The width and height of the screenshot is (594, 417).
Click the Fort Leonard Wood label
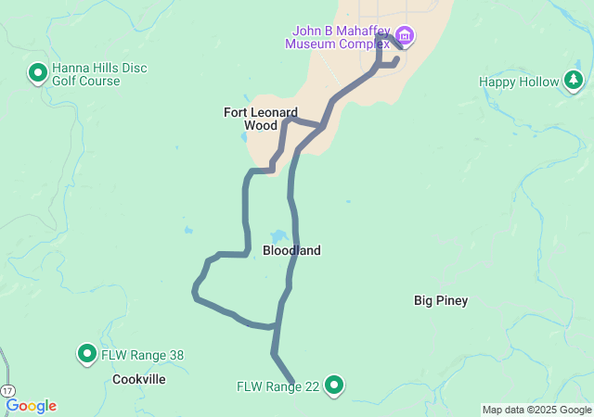(x=261, y=119)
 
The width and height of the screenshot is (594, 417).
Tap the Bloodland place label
(x=291, y=250)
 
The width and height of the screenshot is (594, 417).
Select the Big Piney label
(x=441, y=300)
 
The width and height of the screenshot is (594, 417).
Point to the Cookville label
(x=138, y=379)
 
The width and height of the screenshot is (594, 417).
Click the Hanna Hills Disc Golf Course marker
(x=38, y=71)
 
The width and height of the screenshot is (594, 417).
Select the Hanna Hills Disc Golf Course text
(x=99, y=74)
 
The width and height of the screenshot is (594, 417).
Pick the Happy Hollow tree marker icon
(x=574, y=82)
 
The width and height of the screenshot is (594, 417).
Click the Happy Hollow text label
(x=519, y=82)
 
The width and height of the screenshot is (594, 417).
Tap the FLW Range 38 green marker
(x=86, y=353)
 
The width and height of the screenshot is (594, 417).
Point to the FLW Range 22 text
(x=278, y=386)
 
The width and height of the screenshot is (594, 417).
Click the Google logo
(x=31, y=406)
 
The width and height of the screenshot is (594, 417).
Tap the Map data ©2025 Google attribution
(x=536, y=410)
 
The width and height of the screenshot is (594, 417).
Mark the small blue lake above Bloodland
(x=278, y=235)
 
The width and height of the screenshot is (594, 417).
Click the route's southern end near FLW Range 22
(x=292, y=383)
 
